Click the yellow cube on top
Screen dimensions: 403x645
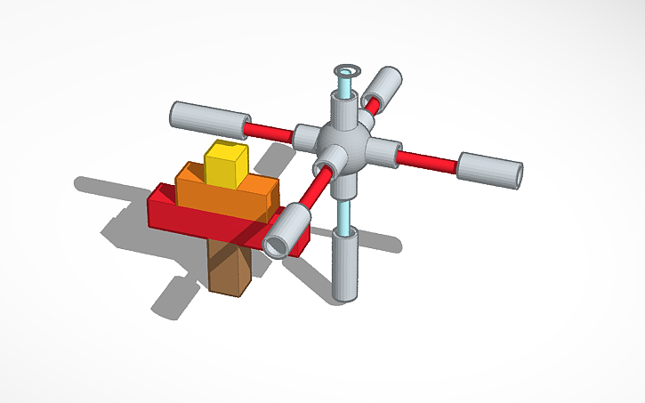(x=225, y=164)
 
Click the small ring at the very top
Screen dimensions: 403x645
(x=344, y=69)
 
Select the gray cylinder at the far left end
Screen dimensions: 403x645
(x=209, y=117)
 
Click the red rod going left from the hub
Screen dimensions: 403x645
(x=270, y=132)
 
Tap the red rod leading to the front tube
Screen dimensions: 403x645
(x=312, y=188)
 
